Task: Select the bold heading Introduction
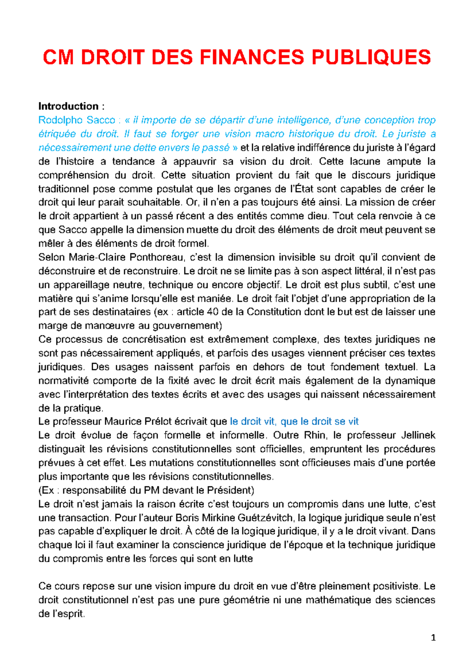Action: click(68, 106)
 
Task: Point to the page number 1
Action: click(433, 638)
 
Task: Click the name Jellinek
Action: click(418, 435)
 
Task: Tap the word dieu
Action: click(317, 216)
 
